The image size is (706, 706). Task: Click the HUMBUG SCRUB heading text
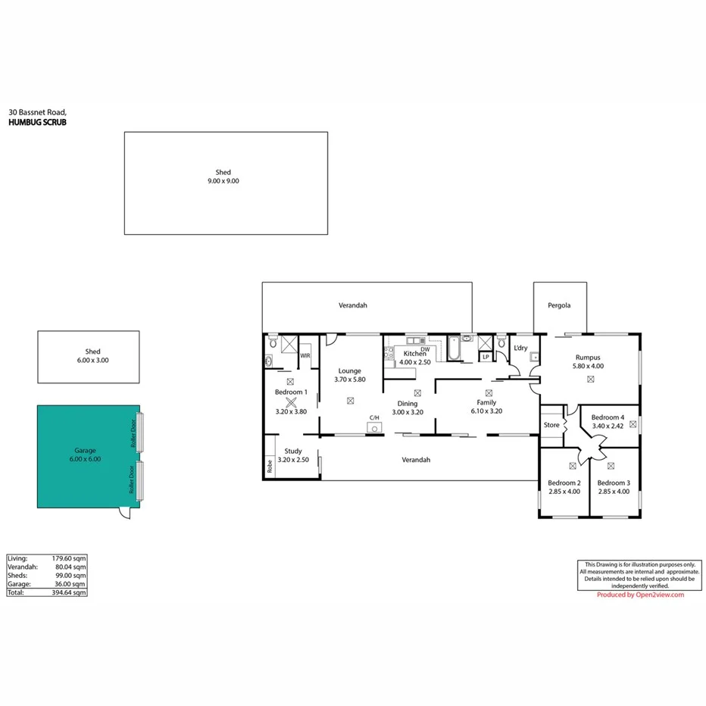click(x=37, y=121)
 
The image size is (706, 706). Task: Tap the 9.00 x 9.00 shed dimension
click(x=223, y=181)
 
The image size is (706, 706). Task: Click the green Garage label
click(x=86, y=451)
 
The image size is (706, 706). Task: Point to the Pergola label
click(x=559, y=305)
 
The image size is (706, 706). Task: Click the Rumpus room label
click(x=587, y=358)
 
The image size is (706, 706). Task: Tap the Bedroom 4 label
click(x=608, y=417)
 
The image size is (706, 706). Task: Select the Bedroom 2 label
click(x=564, y=483)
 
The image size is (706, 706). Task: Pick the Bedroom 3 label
click(x=614, y=483)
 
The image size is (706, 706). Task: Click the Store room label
click(x=551, y=425)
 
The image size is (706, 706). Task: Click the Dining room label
click(x=408, y=404)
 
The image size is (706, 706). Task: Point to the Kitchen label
click(x=414, y=354)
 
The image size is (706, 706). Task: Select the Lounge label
click(x=350, y=370)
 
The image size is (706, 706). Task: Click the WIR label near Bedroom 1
click(x=305, y=355)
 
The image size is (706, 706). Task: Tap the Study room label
click(x=293, y=451)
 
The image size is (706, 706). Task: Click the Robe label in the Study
click(x=270, y=467)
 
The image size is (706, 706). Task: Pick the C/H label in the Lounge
click(x=373, y=417)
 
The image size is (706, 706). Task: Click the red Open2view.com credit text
click(x=640, y=595)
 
